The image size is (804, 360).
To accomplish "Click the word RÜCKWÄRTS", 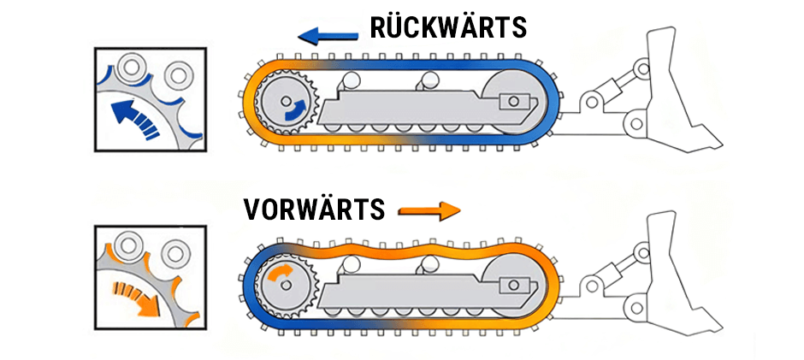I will (x=448, y=27).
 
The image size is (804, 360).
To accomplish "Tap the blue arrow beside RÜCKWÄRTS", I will (x=328, y=34).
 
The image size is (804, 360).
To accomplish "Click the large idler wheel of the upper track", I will (x=511, y=102).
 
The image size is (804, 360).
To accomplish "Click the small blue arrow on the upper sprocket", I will (x=293, y=108).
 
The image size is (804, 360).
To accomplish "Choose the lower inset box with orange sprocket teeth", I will (x=151, y=278).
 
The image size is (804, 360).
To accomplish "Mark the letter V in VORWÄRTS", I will (x=252, y=210).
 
